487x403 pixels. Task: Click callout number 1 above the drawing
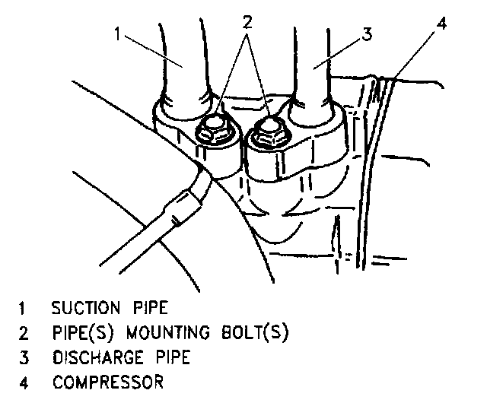pyautogui.click(x=118, y=33)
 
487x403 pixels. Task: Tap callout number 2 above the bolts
pyautogui.click(x=246, y=22)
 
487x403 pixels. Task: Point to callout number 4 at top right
pyautogui.click(x=441, y=22)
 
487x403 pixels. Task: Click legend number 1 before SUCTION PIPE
pyautogui.click(x=23, y=309)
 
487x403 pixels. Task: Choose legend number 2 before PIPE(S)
pyautogui.click(x=22, y=332)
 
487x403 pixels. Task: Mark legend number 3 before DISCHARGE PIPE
pyautogui.click(x=22, y=357)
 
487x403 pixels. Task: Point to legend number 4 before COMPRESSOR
pyautogui.click(x=22, y=381)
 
